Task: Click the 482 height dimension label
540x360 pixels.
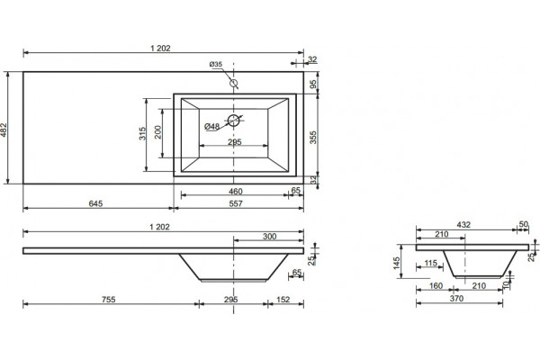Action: [x=4, y=130]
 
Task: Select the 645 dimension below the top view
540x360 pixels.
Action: [x=95, y=203]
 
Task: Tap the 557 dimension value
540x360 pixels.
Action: [x=236, y=203]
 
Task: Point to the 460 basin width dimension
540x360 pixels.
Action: [x=236, y=191]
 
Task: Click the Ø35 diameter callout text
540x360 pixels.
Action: [x=216, y=64]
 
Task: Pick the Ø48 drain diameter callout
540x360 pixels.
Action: [x=211, y=126]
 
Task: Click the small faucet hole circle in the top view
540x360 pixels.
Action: [x=234, y=83]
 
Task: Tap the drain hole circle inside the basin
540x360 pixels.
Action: [x=233, y=121]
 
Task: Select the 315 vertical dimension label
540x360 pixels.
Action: [x=142, y=134]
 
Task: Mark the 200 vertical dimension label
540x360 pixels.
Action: [x=157, y=132]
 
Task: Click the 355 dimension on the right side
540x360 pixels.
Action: [x=313, y=137]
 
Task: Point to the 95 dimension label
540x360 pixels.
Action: [x=313, y=85]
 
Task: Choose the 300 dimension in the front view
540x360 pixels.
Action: [x=270, y=237]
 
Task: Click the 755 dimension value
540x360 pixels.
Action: [x=109, y=300]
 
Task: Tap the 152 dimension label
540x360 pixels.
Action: [x=283, y=300]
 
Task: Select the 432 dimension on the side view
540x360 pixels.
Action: [x=463, y=225]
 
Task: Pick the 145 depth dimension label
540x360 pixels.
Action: [x=397, y=263]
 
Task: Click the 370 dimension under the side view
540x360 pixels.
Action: [x=456, y=298]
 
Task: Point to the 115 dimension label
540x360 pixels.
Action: [x=431, y=263]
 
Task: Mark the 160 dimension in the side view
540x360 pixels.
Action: [x=436, y=286]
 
